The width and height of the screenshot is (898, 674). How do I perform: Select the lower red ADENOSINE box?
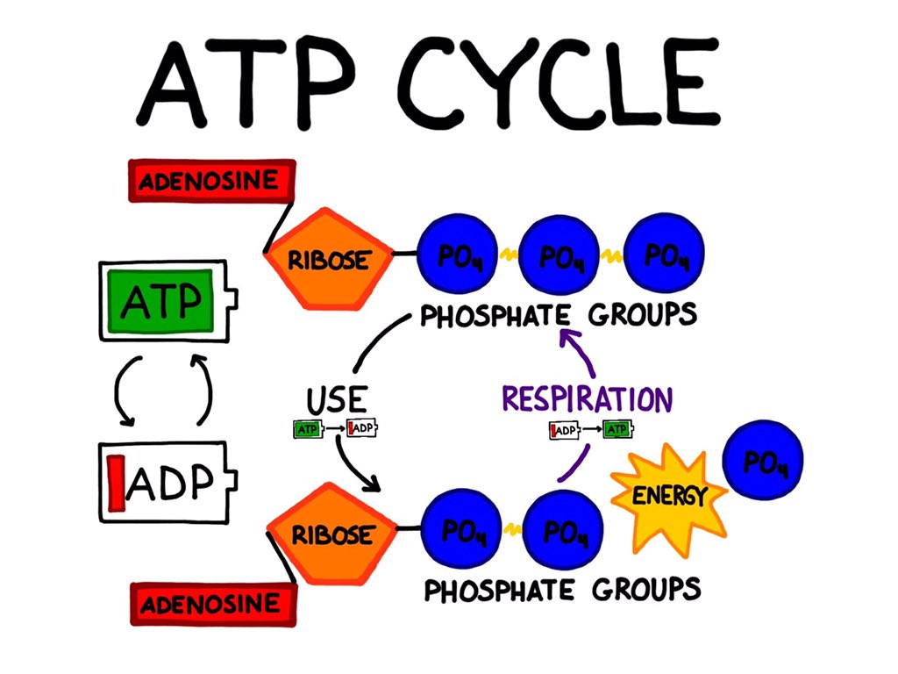click(x=210, y=604)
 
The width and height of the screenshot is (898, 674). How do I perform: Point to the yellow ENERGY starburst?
click(x=669, y=496)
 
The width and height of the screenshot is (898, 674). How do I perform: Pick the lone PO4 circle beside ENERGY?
click(x=761, y=462)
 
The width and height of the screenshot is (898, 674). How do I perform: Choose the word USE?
click(x=336, y=400)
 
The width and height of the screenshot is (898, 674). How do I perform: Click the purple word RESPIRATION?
click(x=587, y=398)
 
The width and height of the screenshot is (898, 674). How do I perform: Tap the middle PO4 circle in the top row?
click(x=558, y=257)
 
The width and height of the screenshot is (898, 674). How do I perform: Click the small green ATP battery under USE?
click(x=306, y=429)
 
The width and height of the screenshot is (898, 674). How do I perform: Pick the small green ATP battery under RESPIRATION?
click(x=617, y=430)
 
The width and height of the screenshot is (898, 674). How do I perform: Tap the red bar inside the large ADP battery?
click(x=115, y=482)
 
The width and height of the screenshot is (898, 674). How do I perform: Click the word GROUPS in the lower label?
click(x=646, y=588)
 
